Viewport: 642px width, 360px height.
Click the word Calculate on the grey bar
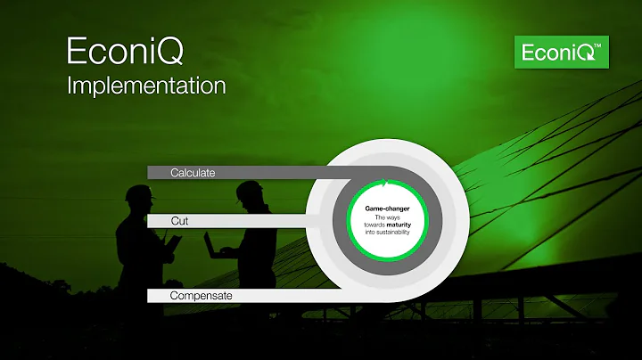194,172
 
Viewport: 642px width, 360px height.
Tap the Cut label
179,219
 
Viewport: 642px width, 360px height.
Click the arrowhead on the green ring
384,184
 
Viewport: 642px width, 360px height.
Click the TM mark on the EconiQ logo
604,45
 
